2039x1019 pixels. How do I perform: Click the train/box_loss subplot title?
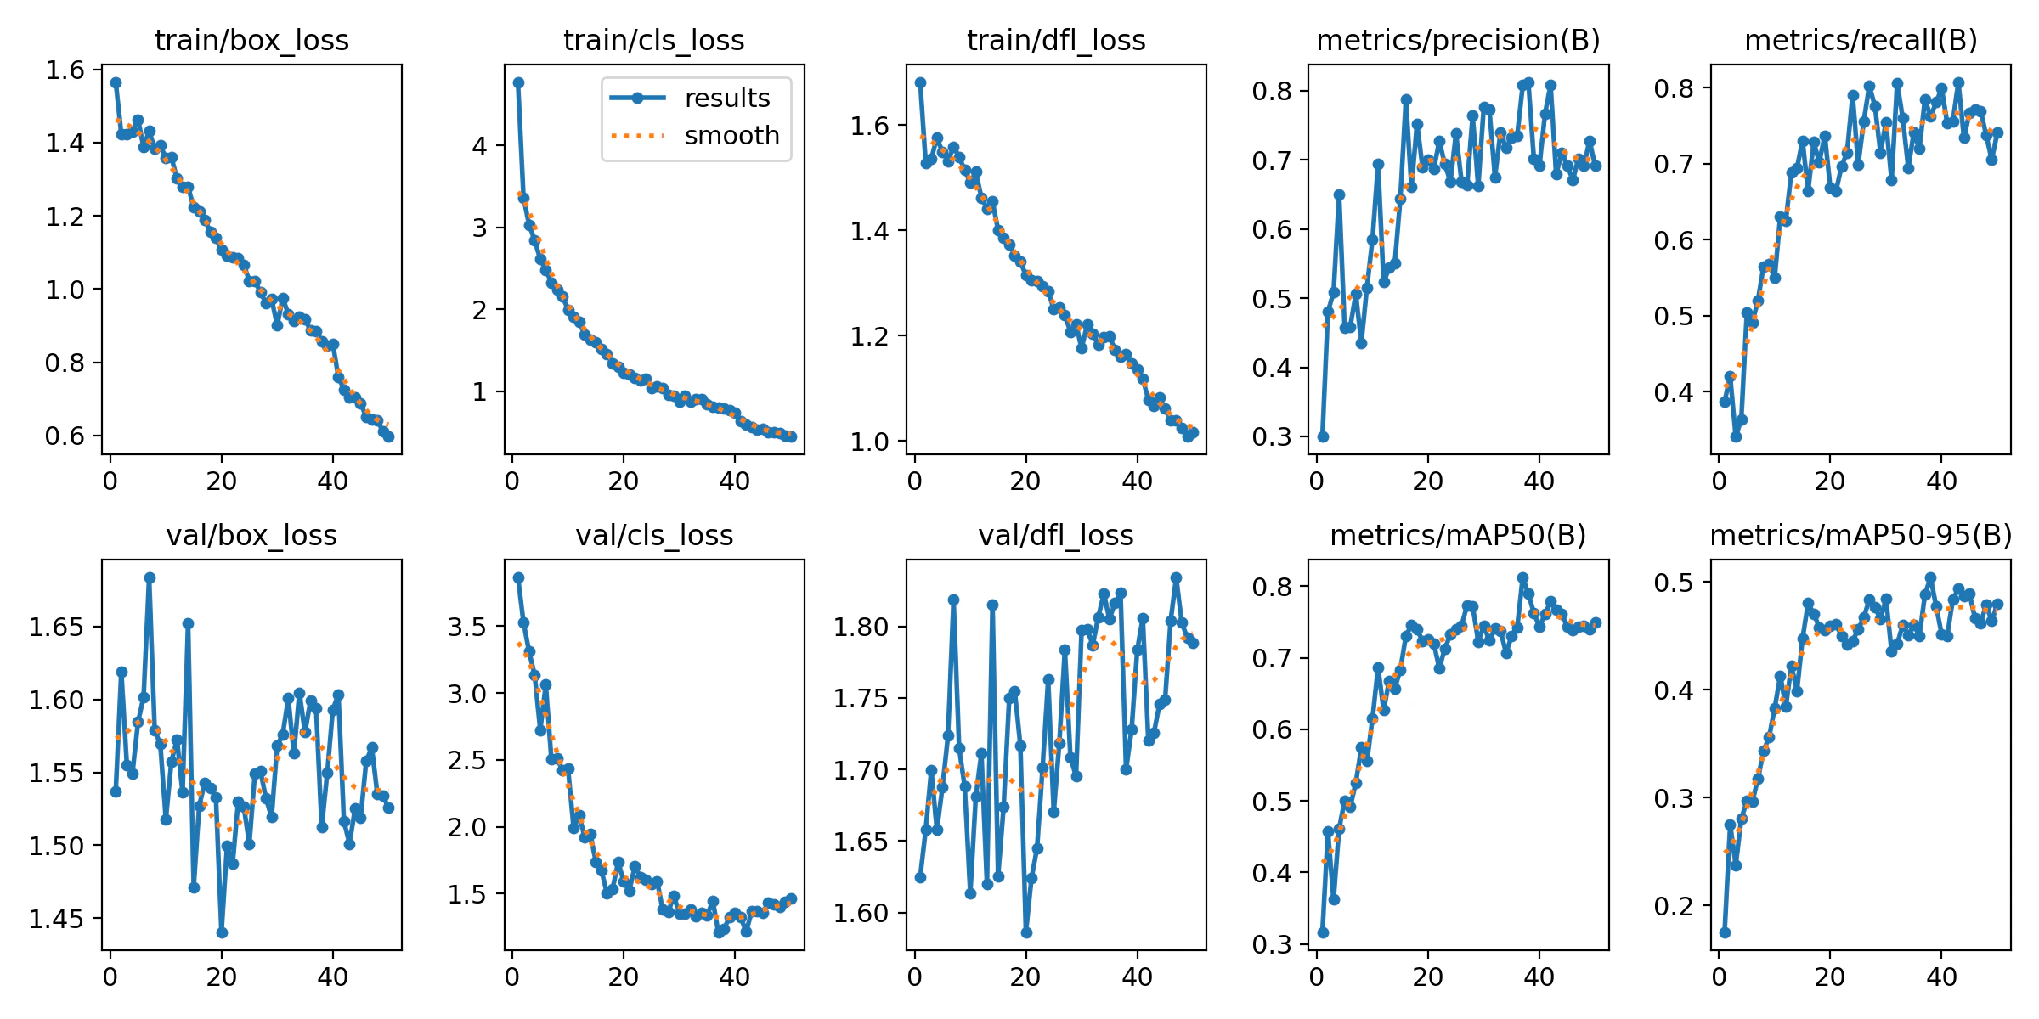coord(251,40)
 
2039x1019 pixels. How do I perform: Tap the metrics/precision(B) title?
coord(1458,40)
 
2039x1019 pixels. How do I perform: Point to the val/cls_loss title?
coord(654,535)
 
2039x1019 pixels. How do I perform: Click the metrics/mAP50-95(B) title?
coord(1861,535)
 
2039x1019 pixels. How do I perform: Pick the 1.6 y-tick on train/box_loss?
coord(65,70)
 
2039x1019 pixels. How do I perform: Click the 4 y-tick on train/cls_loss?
coord(480,146)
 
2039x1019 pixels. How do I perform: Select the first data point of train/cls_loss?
coord(518,82)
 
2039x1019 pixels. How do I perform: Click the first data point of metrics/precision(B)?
coord(1323,436)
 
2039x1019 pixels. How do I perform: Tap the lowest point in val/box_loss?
coord(222,932)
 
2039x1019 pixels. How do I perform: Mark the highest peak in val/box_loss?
coord(150,577)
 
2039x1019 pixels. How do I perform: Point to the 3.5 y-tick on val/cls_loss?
coord(466,627)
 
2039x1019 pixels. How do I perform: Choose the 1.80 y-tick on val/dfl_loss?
coord(861,627)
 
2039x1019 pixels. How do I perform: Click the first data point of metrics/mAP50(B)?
coord(1323,932)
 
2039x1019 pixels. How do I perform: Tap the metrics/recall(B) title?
coord(1861,40)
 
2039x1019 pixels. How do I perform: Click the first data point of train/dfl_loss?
coord(920,82)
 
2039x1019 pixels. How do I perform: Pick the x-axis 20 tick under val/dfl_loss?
coord(1025,977)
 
